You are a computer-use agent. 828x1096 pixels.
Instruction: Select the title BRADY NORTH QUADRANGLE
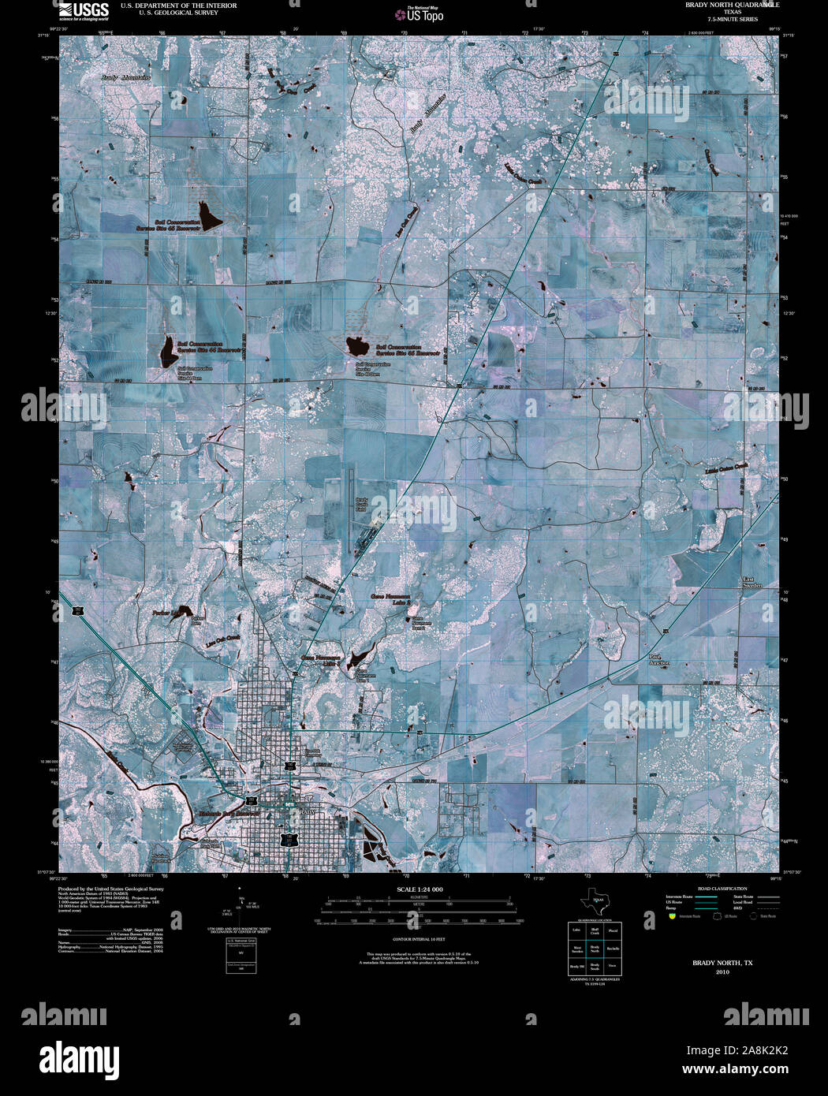coord(721,5)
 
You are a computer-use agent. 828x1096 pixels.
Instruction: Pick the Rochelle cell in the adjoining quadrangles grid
coord(613,949)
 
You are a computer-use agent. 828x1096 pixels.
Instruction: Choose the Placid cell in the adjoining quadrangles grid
coord(613,932)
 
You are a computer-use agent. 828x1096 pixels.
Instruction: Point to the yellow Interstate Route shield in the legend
coord(671,916)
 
